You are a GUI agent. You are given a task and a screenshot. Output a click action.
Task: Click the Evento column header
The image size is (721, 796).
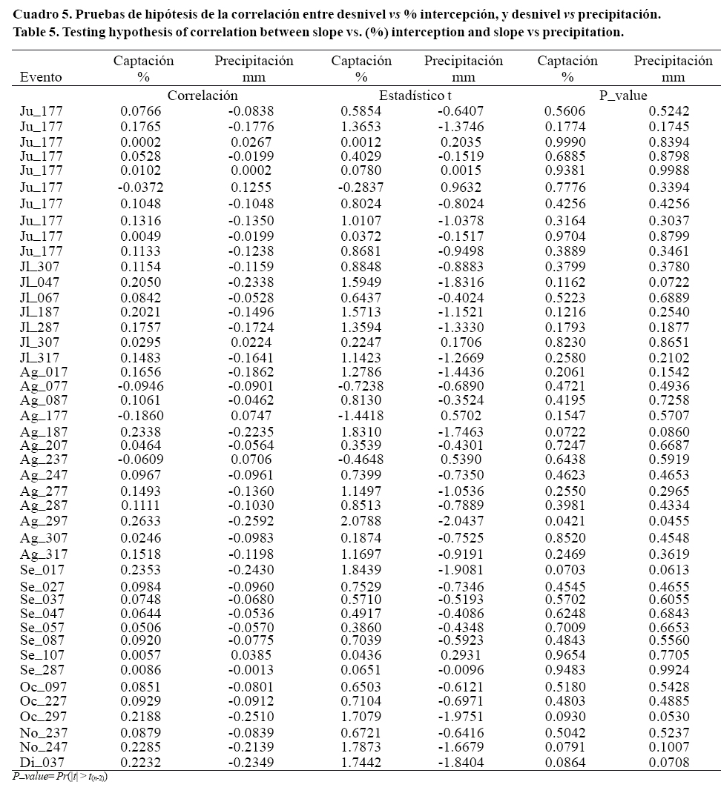click(41, 76)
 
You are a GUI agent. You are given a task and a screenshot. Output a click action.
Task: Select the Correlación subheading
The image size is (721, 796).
click(203, 96)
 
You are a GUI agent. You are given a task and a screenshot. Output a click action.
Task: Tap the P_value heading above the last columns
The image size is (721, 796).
click(623, 96)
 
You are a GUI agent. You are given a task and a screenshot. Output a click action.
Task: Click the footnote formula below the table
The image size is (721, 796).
click(61, 776)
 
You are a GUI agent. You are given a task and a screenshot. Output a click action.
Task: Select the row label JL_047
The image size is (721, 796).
click(40, 282)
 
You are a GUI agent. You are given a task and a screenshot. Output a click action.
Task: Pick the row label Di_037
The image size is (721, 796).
click(42, 762)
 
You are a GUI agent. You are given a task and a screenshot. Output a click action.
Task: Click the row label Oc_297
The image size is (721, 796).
click(42, 716)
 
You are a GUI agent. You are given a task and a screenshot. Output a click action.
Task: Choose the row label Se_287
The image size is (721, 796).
click(42, 670)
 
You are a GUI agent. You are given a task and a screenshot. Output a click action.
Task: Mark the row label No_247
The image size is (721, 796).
click(43, 747)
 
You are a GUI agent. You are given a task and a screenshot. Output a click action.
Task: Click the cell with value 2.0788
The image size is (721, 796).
click(361, 521)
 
